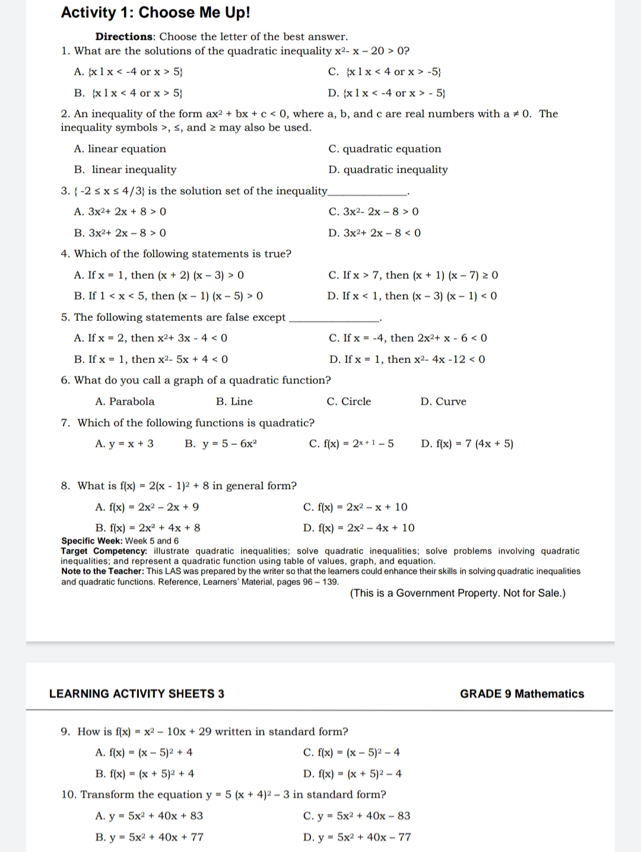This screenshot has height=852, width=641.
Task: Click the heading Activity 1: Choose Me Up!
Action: pos(156,12)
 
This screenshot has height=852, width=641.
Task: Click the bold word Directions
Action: pos(124,37)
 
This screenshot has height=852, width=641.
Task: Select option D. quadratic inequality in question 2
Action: pos(388,170)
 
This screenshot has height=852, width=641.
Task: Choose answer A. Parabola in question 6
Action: pos(125,402)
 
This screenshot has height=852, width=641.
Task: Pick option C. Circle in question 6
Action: pos(349,402)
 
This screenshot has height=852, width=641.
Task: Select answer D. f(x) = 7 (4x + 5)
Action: pos(467,444)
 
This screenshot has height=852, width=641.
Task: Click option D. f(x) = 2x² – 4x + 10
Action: pos(358,528)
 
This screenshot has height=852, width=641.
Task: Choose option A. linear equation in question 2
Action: pos(120,149)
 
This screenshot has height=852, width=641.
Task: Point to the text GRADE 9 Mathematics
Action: pos(522,694)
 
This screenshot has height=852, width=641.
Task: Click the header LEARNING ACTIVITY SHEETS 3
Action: pos(137,694)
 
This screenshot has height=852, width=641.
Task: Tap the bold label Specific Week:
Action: pos(92,541)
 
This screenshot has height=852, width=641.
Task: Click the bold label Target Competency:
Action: pos(104,551)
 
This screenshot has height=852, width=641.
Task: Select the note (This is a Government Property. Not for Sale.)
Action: pos(458,593)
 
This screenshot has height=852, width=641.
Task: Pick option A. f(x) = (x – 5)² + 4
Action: pos(144,753)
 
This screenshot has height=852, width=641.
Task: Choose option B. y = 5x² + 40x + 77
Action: pos(150,837)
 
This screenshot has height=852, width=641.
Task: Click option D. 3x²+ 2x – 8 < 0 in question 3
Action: pos(375,233)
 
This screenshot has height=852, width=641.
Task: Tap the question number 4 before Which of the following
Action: pos(65,254)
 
